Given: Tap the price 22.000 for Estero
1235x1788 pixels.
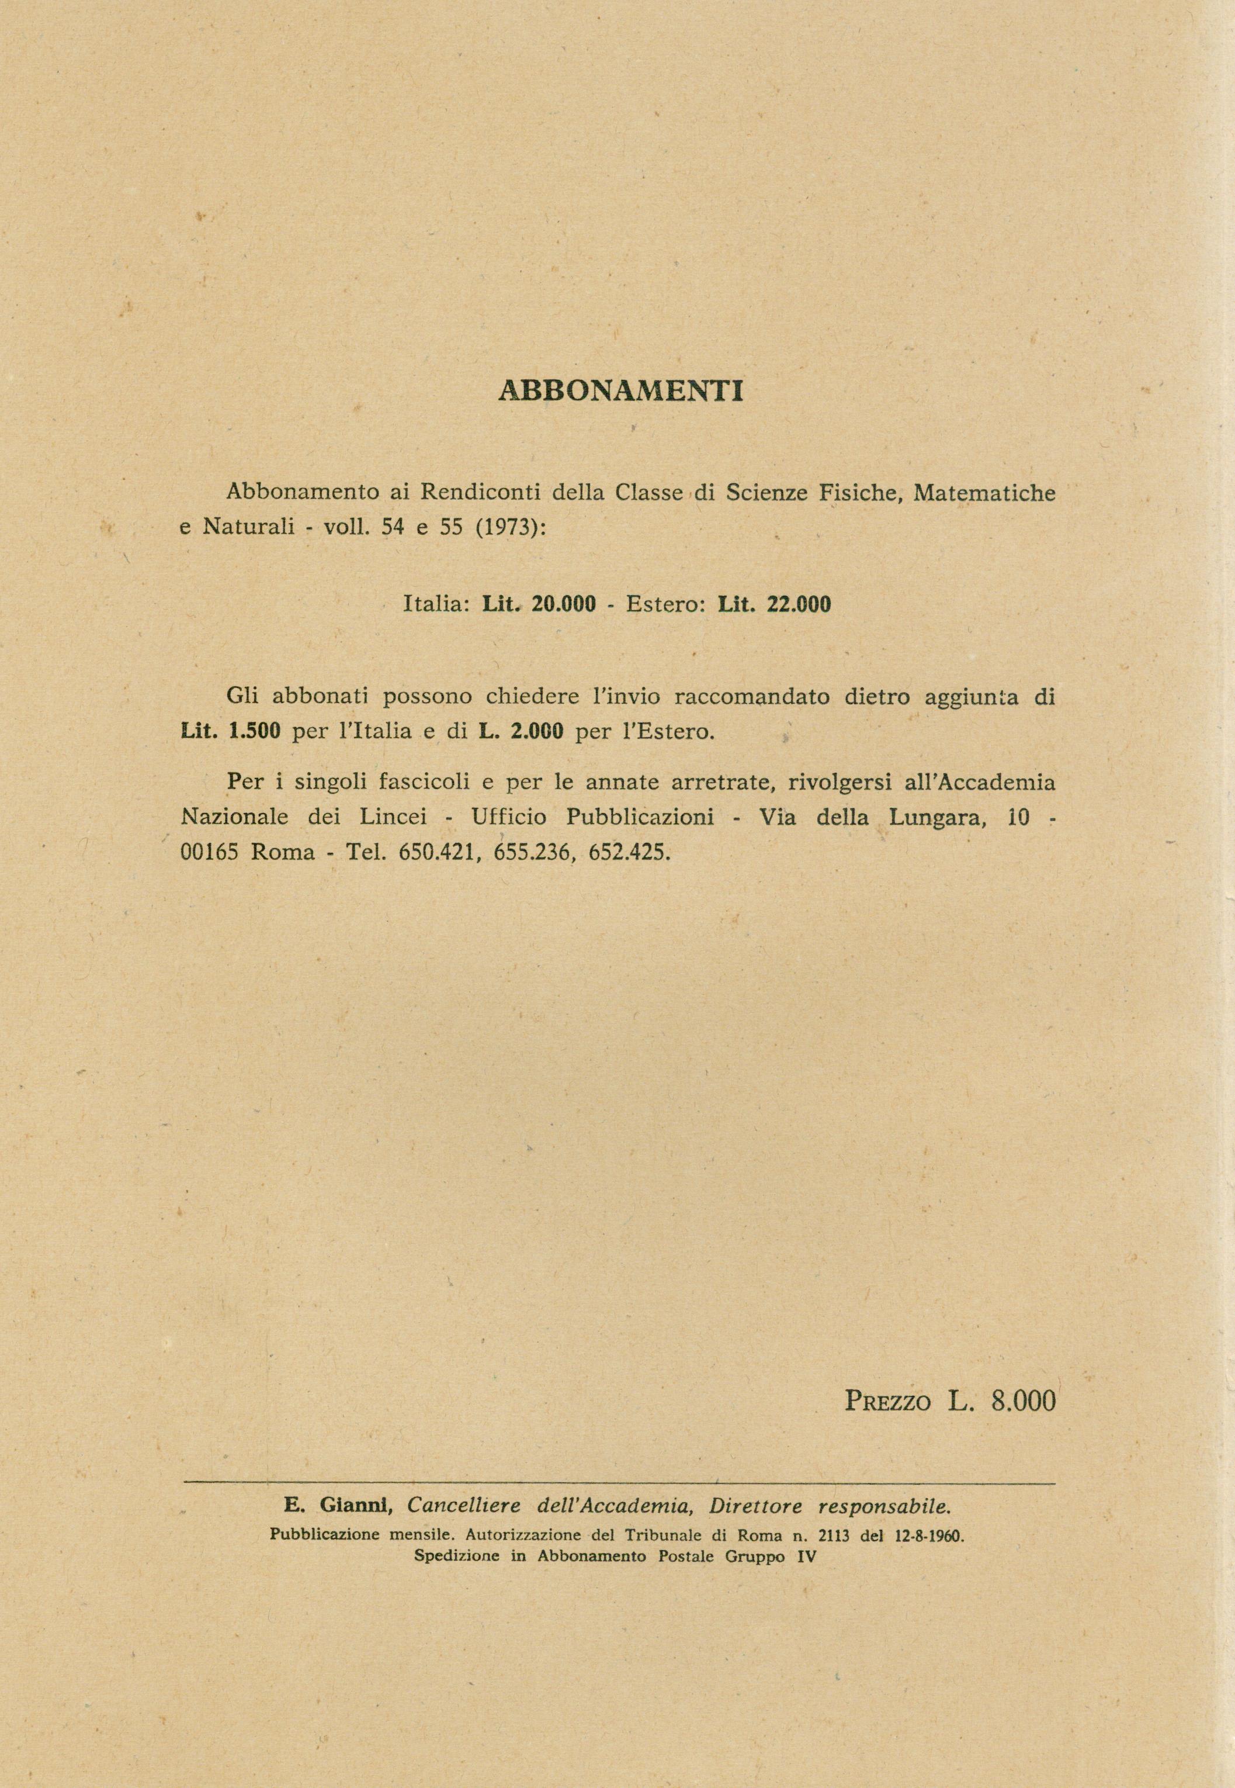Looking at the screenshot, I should point(799,604).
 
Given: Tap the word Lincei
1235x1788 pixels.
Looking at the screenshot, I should point(396,817).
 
